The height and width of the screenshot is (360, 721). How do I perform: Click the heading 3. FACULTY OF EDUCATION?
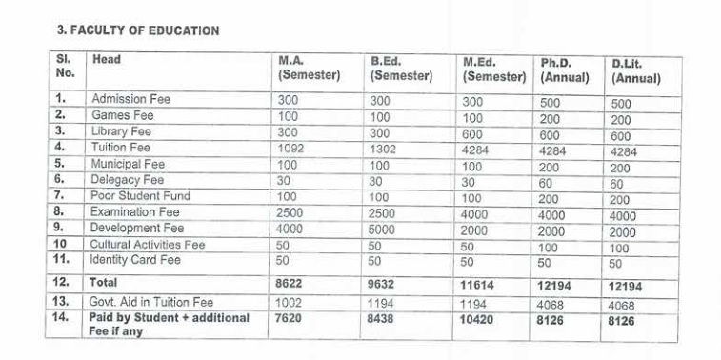[x=138, y=30]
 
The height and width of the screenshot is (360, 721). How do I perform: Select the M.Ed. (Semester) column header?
[x=494, y=69]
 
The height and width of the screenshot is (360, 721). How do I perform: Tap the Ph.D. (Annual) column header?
[x=565, y=70]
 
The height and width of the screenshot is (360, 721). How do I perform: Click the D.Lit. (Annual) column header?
[x=635, y=70]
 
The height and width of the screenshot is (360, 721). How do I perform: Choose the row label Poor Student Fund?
[x=140, y=196]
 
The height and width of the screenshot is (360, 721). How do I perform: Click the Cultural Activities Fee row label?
[x=147, y=245]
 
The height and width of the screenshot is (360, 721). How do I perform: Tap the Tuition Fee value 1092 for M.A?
[x=292, y=148]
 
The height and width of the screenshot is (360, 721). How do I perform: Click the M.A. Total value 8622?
[x=291, y=283]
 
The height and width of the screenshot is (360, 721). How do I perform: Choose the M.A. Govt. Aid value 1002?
[x=290, y=302]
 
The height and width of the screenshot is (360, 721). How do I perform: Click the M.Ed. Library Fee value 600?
[x=473, y=132]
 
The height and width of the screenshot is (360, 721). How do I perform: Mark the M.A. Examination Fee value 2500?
[x=291, y=212]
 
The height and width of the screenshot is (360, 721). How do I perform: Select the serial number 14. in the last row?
[x=62, y=318]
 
